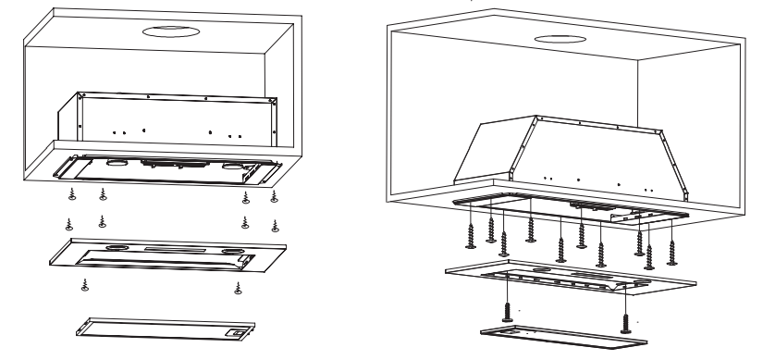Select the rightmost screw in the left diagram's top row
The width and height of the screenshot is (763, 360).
point(273,196)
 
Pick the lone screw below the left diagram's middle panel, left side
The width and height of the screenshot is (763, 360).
point(85,284)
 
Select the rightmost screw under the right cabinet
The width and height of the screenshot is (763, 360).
point(672,248)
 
